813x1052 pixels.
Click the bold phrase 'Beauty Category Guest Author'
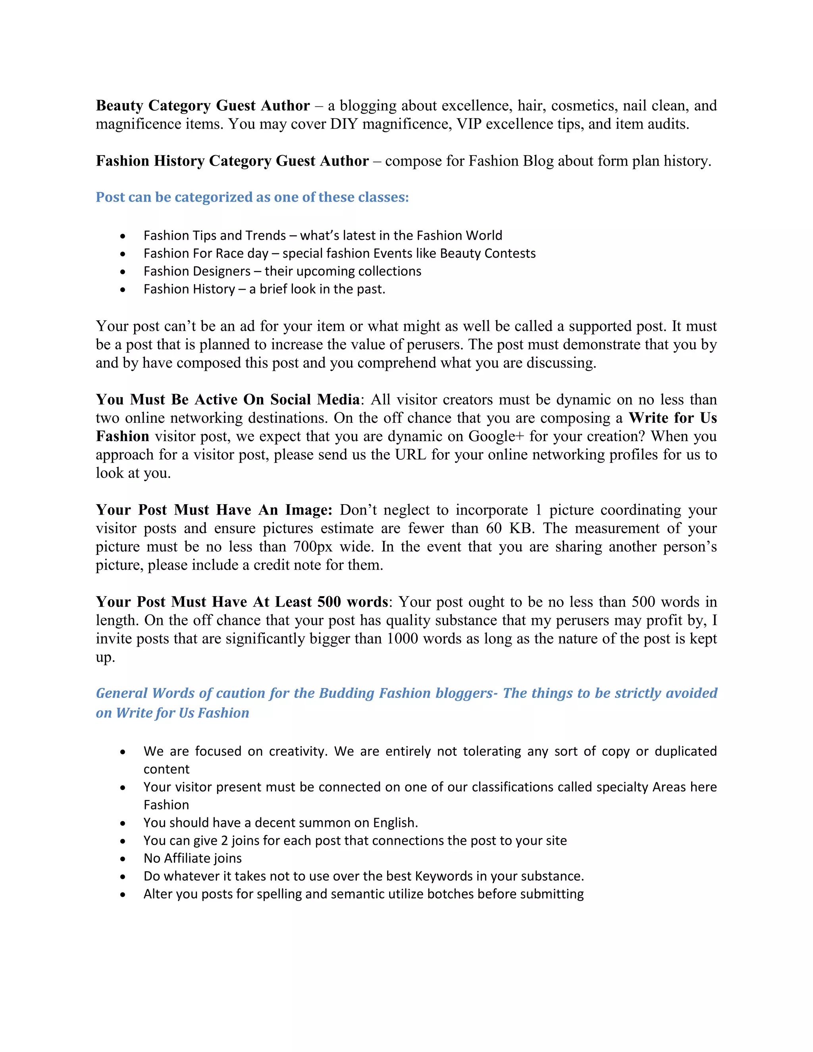tap(202, 106)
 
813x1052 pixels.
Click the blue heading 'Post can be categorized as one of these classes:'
tap(252, 197)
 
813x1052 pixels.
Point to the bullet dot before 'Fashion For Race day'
tap(123, 254)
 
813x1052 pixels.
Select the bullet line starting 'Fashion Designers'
tap(282, 271)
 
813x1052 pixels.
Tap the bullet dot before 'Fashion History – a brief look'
tap(123, 289)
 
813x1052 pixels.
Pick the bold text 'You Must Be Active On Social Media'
tap(227, 399)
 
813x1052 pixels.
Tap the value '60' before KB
tap(494, 528)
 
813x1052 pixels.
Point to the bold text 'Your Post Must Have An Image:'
tap(214, 510)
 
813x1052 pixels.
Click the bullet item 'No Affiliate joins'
tap(192, 858)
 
